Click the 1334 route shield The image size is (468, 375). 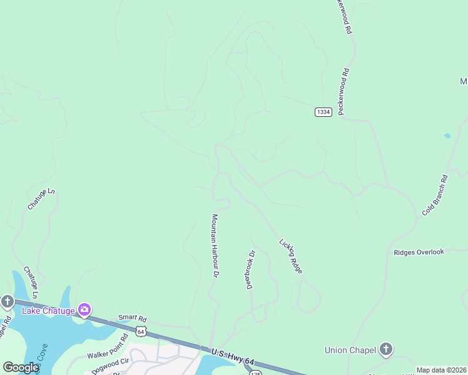click(x=323, y=112)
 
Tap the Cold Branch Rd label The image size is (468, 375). click(x=435, y=195)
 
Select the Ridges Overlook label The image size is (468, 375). click(x=419, y=252)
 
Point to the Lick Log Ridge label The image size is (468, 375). click(x=291, y=256)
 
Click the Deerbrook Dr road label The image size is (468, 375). click(x=251, y=269)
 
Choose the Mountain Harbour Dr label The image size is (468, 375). click(x=215, y=246)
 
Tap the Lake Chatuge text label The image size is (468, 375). click(x=48, y=311)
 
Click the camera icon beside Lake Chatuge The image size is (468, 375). click(x=84, y=310)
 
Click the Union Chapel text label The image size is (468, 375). click(x=351, y=350)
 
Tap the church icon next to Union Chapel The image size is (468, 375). click(x=386, y=349)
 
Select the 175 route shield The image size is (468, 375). click(x=255, y=372)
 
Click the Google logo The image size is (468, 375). click(x=21, y=367)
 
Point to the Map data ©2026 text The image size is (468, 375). click(x=441, y=370)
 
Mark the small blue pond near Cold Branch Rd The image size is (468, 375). click(x=447, y=136)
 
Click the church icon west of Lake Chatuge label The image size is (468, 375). click(x=7, y=302)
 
